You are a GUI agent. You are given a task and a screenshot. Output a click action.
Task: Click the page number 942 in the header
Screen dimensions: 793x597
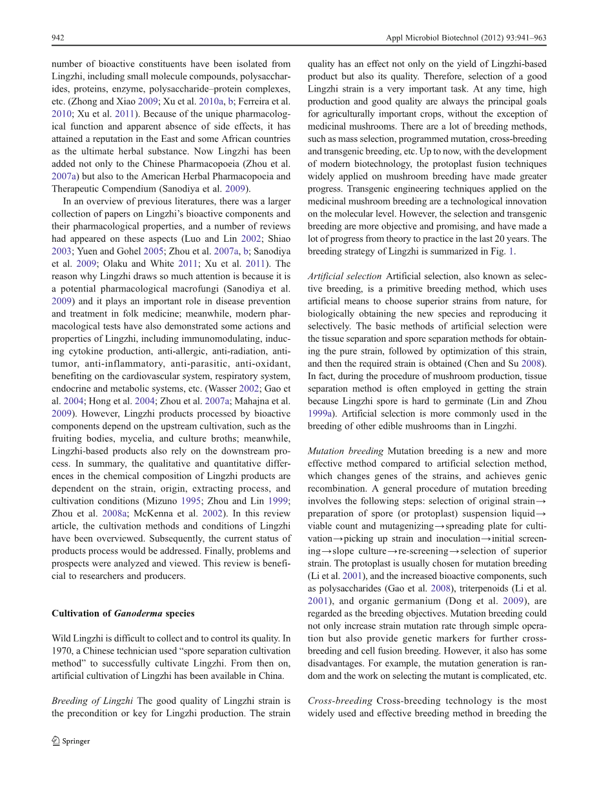[57, 38]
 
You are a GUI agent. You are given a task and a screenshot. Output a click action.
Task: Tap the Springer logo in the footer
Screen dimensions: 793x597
[71, 741]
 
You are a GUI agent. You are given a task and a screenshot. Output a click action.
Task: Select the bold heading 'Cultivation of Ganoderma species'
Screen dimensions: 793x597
[123, 613]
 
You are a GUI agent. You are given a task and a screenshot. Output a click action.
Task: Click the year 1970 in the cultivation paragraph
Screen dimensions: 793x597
[61, 651]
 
